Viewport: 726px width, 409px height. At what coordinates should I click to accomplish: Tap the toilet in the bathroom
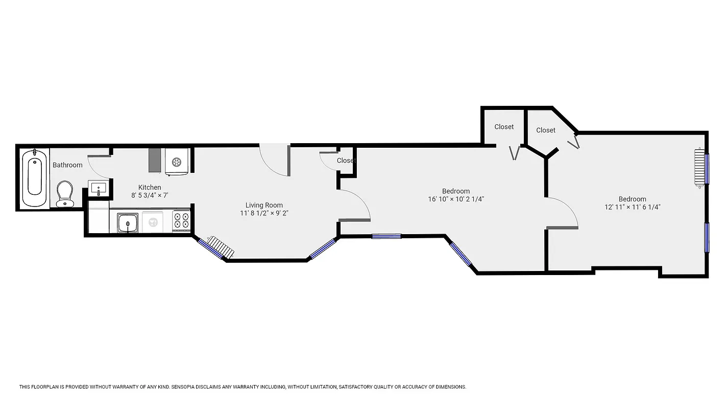(65, 194)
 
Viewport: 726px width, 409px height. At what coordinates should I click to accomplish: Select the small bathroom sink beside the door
(98, 188)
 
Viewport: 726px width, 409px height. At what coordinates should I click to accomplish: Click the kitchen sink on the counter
(128, 223)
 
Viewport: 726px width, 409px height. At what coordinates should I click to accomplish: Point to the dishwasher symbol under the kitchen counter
(152, 222)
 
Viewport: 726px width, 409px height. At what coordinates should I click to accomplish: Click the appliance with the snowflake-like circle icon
(177, 162)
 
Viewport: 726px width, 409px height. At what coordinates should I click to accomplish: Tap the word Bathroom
(67, 165)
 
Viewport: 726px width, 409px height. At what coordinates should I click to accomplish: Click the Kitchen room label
(150, 188)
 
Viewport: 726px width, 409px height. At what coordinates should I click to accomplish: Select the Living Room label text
(264, 206)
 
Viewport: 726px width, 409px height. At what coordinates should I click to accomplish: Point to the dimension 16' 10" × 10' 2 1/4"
(456, 199)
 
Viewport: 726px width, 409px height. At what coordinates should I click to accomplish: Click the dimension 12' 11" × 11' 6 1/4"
(632, 207)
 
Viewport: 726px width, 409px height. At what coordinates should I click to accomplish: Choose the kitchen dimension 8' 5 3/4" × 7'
(150, 195)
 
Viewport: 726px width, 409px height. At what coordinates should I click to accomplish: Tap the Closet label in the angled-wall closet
(545, 130)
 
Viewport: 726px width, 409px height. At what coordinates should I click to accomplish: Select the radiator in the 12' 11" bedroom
(699, 168)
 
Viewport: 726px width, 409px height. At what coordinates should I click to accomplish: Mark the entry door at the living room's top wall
(275, 160)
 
